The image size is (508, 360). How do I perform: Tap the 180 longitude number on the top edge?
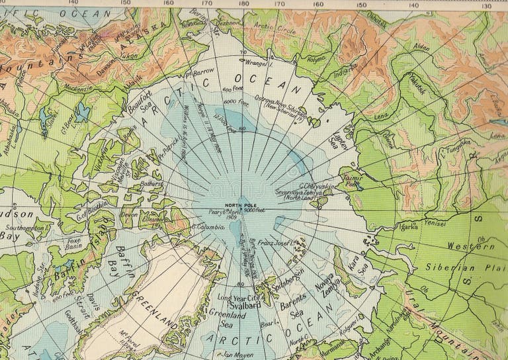point(244,3)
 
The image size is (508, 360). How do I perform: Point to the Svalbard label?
point(243,306)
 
